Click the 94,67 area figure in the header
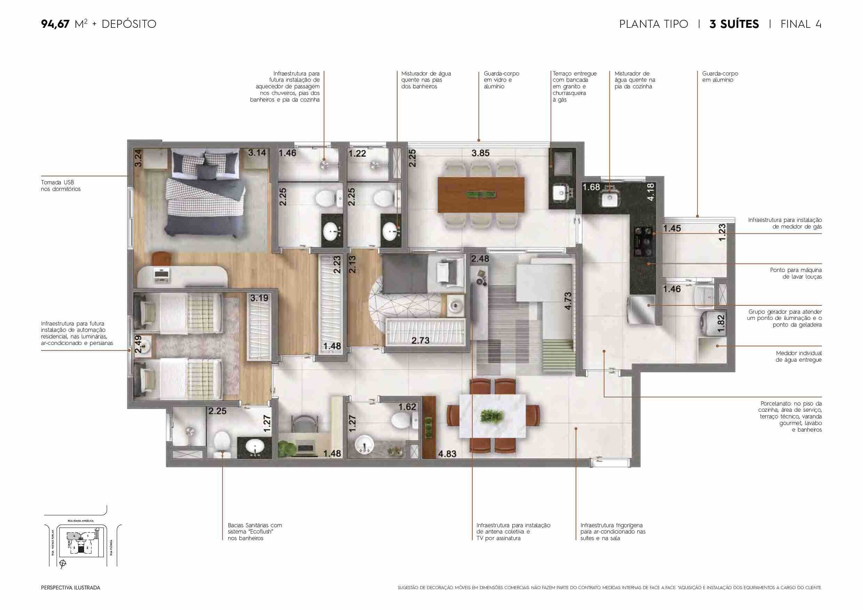55,24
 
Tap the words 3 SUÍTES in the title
734,24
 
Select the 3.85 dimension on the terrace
480,153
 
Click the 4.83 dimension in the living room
447,454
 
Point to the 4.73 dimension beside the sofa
568,301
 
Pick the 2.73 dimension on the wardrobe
420,340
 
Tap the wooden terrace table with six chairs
481,195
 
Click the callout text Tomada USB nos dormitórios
61,186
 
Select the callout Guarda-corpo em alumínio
720,77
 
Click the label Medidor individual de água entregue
798,356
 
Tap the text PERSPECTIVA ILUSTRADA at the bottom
71,587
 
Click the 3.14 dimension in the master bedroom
257,153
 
